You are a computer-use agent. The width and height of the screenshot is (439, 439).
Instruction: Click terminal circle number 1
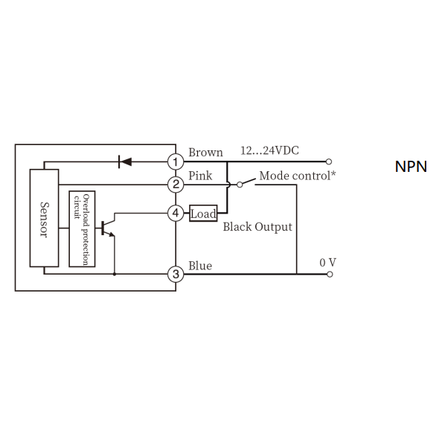176,161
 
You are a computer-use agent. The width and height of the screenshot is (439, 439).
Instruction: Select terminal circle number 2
176,185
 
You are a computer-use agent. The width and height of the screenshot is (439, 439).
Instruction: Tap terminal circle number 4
176,214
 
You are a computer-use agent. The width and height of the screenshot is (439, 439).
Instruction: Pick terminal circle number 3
176,274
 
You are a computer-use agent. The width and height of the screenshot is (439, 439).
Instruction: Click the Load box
203,214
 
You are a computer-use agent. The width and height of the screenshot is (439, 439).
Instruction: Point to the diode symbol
125,161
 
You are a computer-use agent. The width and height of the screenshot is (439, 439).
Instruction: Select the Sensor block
44,218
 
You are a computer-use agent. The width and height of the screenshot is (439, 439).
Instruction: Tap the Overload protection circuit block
82,228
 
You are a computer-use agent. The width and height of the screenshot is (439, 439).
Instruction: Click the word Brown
206,153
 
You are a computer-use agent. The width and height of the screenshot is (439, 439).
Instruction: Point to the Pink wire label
200,176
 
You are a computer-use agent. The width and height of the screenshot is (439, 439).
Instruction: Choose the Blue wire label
200,266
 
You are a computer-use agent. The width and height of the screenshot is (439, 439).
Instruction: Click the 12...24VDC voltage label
269,150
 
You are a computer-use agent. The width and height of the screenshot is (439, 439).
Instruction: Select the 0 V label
327,263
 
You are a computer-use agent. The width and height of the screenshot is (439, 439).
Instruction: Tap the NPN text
411,167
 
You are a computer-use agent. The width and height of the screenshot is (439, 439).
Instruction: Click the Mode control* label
298,176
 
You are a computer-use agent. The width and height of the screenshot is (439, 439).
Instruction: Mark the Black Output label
257,227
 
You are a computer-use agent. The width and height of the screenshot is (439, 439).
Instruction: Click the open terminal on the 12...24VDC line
329,161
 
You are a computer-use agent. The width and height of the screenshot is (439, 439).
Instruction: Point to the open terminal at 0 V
330,275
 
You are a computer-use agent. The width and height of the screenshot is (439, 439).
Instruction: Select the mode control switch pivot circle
240,185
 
